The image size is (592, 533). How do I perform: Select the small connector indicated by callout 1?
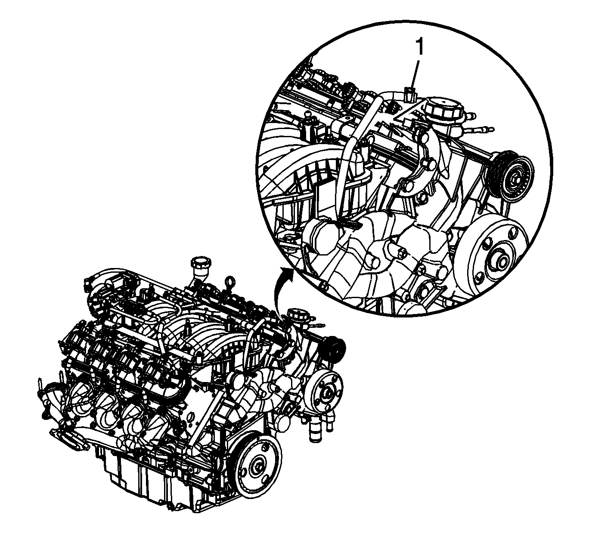click(409, 94)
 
